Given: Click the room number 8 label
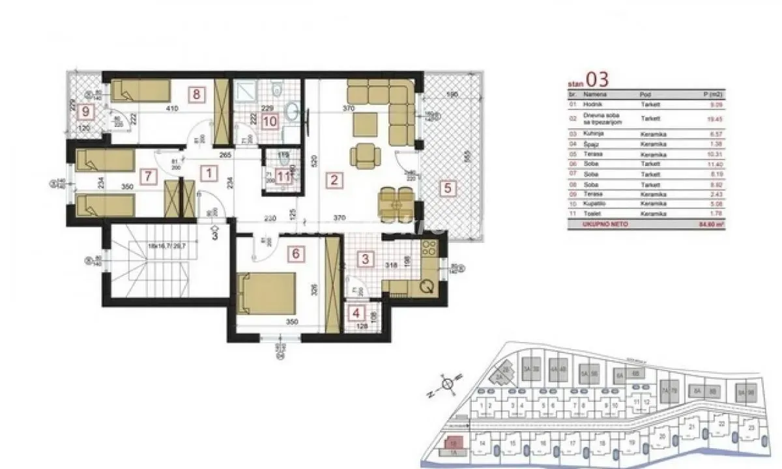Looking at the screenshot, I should pos(195,93).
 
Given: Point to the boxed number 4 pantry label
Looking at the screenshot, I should pos(356,313).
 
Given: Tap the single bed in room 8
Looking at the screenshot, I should pos(140,91).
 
